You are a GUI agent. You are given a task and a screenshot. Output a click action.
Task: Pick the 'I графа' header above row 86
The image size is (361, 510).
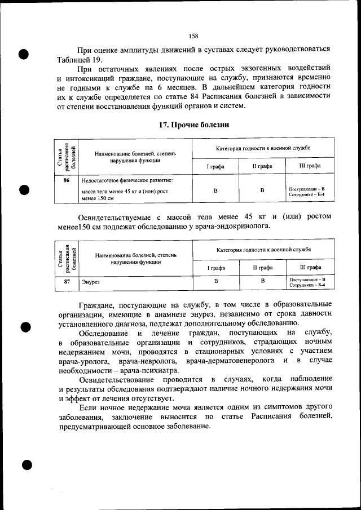pyautogui.click(x=215, y=166)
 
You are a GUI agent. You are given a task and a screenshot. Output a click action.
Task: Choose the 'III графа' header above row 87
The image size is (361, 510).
pyautogui.click(x=310, y=267)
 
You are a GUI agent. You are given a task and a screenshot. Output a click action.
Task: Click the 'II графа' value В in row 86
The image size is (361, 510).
pyautogui.click(x=262, y=190)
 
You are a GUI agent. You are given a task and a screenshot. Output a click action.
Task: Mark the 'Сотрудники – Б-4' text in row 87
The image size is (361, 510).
pyautogui.click(x=307, y=286)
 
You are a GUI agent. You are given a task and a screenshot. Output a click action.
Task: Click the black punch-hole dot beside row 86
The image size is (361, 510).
pyautogui.click(x=24, y=190)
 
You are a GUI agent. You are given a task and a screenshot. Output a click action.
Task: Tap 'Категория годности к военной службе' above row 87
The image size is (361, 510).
pyautogui.click(x=263, y=249)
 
